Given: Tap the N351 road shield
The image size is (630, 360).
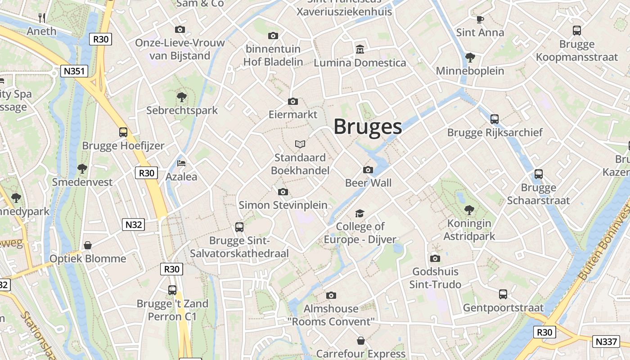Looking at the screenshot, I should (74, 71).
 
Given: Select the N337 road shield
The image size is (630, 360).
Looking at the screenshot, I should (605, 342).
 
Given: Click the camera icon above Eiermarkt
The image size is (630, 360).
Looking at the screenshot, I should (292, 102).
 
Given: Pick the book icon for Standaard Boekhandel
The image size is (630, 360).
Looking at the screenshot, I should (300, 144).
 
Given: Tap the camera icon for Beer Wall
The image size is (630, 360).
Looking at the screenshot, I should (368, 170).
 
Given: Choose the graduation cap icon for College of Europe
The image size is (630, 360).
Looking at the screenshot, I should (360, 213).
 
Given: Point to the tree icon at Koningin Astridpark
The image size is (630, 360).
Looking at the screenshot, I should (469, 210).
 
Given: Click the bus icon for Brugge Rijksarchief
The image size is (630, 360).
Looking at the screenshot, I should (495, 119).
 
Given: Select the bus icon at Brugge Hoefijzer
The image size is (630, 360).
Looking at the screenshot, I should (123, 132).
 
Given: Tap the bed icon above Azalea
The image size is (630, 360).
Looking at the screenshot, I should (181, 163).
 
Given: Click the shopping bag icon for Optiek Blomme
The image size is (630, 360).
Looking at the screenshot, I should (88, 245).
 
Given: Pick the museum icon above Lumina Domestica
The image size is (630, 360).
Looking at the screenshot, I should (360, 49).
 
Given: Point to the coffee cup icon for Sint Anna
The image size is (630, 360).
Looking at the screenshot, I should (480, 19).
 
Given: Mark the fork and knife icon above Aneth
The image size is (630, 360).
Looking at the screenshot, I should (42, 18).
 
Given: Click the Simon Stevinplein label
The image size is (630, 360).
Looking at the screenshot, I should (283, 205).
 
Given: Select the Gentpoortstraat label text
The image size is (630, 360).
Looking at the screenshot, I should (503, 308).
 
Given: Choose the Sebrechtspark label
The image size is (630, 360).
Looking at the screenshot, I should (182, 110).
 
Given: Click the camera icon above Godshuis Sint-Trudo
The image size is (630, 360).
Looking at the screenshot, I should (435, 258).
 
